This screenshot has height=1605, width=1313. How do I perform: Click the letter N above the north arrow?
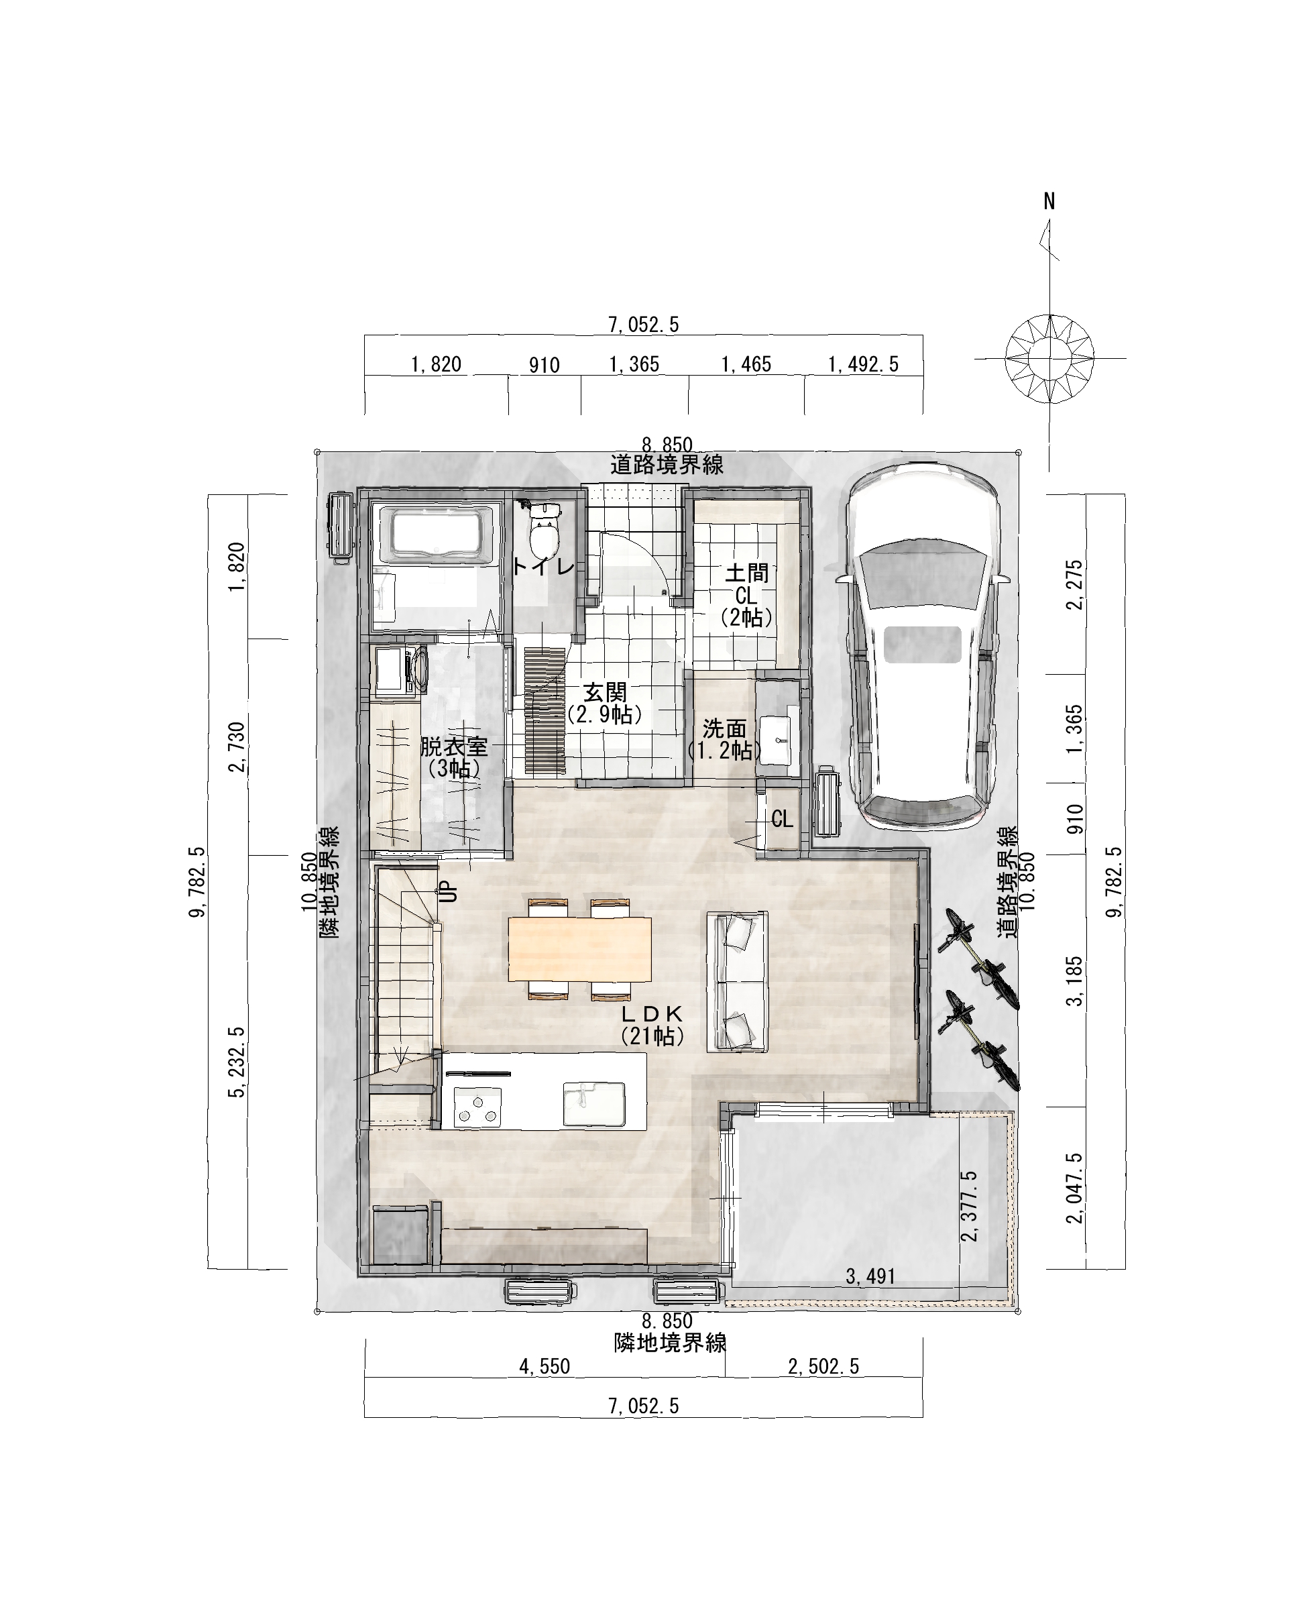click(1049, 201)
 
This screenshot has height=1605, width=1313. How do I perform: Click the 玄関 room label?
click(606, 692)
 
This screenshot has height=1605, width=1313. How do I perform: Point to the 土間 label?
click(746, 573)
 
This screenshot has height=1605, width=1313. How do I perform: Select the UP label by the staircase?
click(449, 893)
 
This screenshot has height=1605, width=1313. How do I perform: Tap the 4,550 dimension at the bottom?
click(545, 1366)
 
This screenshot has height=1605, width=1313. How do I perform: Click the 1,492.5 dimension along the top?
click(863, 365)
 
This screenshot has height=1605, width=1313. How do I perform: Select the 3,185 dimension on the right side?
click(1075, 981)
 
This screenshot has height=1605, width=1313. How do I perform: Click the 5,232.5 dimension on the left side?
click(239, 1062)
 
